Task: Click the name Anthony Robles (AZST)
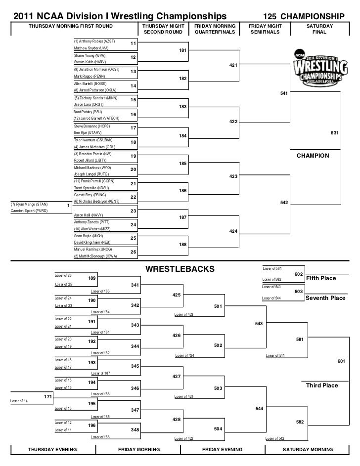(x=94, y=41)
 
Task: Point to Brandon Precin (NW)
(x=93, y=154)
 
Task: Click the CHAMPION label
(x=313, y=155)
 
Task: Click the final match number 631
(x=334, y=132)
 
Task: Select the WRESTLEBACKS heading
(x=180, y=269)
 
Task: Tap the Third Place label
(x=322, y=385)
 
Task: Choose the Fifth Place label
(x=321, y=278)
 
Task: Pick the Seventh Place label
(x=325, y=298)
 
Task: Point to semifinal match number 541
(x=283, y=93)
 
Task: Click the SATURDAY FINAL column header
(x=319, y=29)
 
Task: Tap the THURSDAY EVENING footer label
(x=52, y=450)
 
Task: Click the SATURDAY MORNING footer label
(x=308, y=450)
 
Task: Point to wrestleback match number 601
(x=341, y=361)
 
